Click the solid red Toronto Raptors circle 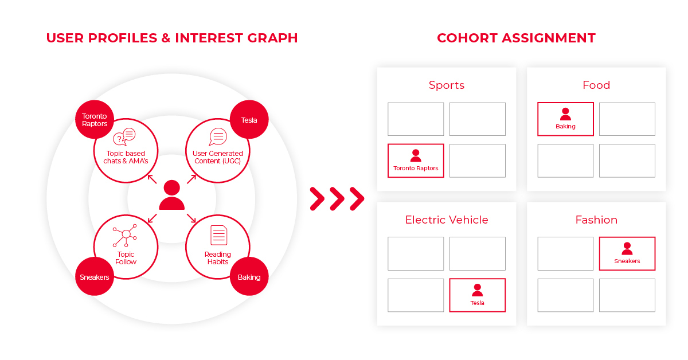coord(95,119)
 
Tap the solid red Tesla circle coord(249,119)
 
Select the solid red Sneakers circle coord(95,276)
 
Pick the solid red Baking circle coord(249,276)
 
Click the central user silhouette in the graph coord(171,195)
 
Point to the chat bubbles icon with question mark coord(124,136)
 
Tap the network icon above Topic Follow coord(125,236)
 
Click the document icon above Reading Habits coord(218,235)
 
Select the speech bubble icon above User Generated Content coord(218,136)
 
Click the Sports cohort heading coord(447,85)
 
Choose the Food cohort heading coord(596,85)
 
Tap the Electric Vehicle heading coord(447,220)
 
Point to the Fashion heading coord(596,220)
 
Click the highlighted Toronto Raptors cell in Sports coord(416,161)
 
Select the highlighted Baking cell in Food coord(565,119)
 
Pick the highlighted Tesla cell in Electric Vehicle coord(477,295)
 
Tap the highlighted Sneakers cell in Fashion coord(627,253)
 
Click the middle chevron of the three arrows coord(337,199)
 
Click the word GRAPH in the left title coord(272,38)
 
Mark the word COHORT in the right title coord(467,38)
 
